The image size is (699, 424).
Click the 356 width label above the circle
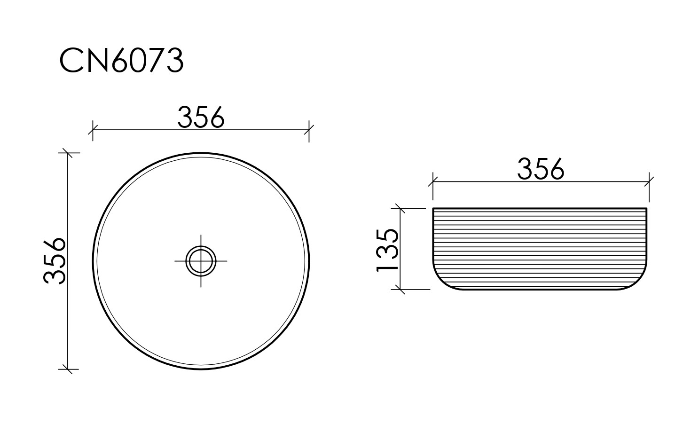click(x=201, y=118)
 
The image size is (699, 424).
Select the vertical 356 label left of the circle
click(x=55, y=261)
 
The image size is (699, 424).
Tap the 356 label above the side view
click(x=540, y=169)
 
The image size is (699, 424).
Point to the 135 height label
click(x=388, y=250)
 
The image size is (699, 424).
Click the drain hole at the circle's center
click(x=201, y=260)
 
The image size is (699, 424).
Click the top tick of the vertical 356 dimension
click(x=68, y=153)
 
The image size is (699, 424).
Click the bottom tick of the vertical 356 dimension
click(x=68, y=369)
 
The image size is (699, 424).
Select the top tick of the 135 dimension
click(x=400, y=208)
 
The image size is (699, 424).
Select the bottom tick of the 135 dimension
click(x=400, y=290)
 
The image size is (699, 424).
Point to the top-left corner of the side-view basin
click(x=433, y=208)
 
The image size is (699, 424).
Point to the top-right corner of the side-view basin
click(x=647, y=208)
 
